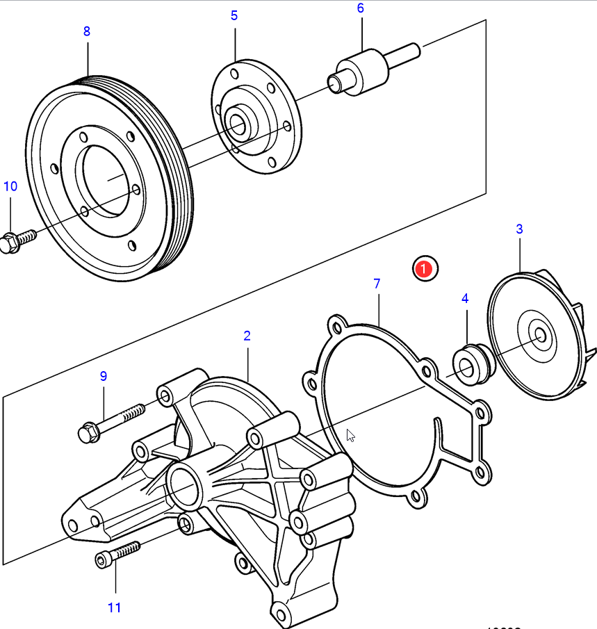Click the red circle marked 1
point(425,268)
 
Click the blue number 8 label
point(87,31)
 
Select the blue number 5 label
point(234,15)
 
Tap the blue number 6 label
point(360,8)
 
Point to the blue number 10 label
point(10,186)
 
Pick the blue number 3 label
point(519,229)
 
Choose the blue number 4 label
point(465,298)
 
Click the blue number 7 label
point(377,284)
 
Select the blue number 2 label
point(247,336)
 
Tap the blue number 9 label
point(104,376)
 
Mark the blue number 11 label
point(115,607)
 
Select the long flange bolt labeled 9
point(111,421)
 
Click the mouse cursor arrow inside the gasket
point(350,435)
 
